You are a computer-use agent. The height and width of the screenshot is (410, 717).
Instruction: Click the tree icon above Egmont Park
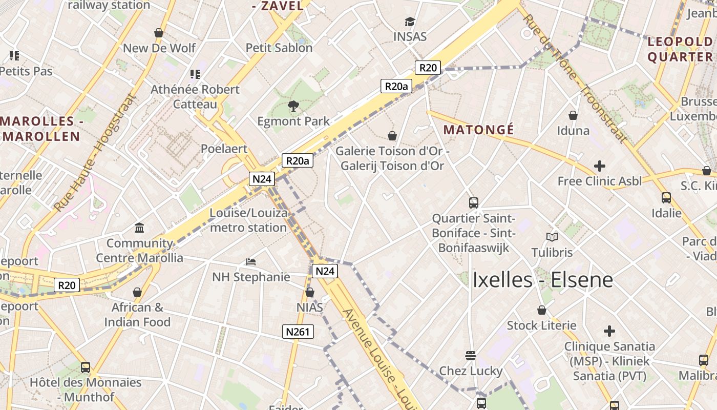click(x=293, y=106)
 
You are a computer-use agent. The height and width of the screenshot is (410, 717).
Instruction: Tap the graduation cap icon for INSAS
click(x=410, y=22)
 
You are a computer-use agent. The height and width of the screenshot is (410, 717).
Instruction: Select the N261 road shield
click(x=298, y=332)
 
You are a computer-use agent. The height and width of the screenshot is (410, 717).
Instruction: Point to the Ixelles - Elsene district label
click(x=542, y=280)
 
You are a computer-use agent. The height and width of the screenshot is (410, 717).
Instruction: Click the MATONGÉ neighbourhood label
click(x=478, y=130)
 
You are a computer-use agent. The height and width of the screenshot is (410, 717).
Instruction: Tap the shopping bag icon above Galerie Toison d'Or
click(x=392, y=136)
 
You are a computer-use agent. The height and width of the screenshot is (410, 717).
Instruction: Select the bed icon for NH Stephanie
click(x=251, y=262)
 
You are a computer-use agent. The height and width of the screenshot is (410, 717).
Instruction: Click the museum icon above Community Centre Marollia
click(x=139, y=228)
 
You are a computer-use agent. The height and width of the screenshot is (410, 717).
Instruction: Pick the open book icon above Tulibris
click(x=552, y=237)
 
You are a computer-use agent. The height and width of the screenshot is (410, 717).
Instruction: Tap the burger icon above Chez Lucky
click(x=471, y=355)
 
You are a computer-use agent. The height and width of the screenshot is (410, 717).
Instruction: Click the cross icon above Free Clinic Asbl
click(x=599, y=166)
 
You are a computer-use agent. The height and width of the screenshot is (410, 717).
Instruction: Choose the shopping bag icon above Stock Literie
click(x=542, y=310)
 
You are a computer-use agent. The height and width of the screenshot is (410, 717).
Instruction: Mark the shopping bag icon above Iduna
click(x=573, y=116)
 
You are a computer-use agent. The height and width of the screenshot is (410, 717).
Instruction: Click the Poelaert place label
click(x=224, y=149)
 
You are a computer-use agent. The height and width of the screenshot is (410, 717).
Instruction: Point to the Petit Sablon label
click(x=279, y=48)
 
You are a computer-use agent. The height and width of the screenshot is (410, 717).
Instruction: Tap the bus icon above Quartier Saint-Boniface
click(x=474, y=203)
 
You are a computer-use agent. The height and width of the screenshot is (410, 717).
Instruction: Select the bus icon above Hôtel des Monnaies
click(x=86, y=367)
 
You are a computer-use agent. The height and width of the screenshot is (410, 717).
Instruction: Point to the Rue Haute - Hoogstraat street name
click(x=95, y=154)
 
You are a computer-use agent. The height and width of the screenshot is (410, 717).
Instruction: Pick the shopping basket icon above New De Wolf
click(x=159, y=33)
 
